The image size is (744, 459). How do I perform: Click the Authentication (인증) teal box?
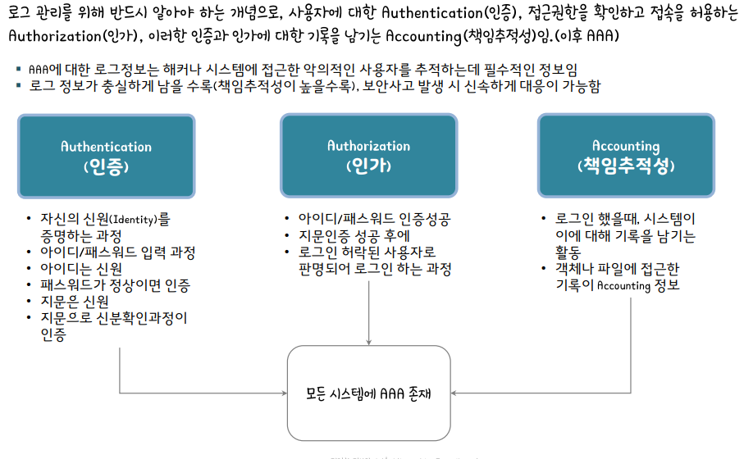click(x=107, y=157)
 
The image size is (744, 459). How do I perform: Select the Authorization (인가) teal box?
click(x=368, y=156)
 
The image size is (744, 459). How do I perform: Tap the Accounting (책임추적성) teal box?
click(x=626, y=156)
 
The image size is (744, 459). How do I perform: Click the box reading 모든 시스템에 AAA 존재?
click(x=368, y=393)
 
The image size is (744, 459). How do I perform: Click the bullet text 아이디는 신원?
click(x=81, y=269)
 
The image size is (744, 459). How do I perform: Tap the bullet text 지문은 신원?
click(x=75, y=302)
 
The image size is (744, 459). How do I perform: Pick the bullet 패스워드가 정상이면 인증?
click(x=115, y=285)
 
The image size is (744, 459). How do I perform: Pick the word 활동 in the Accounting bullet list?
click(x=569, y=252)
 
